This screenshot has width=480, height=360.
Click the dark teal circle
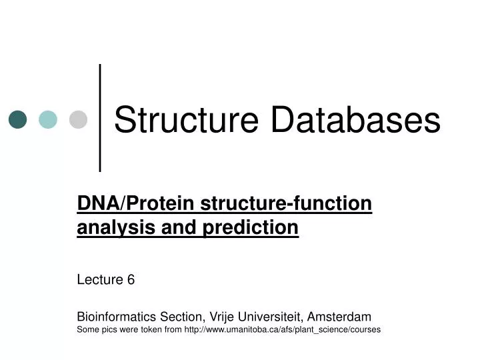tap(17, 119)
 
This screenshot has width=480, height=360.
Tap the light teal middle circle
tap(48, 119)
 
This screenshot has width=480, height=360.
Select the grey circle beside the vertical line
tap(79, 119)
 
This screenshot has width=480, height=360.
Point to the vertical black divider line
tap(100, 117)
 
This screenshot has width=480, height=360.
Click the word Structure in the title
tap(186, 121)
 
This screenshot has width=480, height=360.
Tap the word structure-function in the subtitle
tap(286, 203)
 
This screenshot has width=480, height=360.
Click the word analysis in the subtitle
tap(111, 228)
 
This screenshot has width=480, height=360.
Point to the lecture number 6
tap(131, 280)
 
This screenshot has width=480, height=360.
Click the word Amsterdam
tap(339, 316)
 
